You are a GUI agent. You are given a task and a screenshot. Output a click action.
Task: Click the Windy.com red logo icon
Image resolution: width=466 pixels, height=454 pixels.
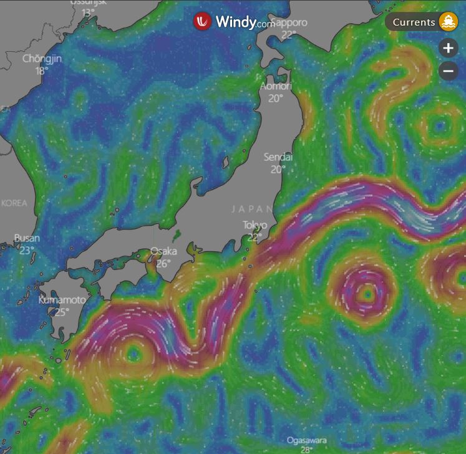(x=202, y=21)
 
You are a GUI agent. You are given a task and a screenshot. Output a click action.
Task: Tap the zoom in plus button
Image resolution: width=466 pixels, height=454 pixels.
(x=449, y=48)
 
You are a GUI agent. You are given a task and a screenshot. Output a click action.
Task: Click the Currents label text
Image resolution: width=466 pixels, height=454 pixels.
(x=414, y=22)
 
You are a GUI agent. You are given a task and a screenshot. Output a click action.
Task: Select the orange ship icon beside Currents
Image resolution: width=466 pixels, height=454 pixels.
(x=448, y=22)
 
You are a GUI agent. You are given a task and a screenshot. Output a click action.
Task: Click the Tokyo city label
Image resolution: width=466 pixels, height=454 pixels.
(x=255, y=225)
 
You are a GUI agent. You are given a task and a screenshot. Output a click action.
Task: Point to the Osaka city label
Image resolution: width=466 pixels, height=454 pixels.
(x=163, y=251)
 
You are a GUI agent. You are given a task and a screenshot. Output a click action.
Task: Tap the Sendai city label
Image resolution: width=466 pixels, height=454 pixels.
(x=278, y=157)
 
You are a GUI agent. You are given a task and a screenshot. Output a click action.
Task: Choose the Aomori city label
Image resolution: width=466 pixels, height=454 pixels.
(x=276, y=86)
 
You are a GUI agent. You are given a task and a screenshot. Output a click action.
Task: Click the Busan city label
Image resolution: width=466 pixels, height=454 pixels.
(x=27, y=238)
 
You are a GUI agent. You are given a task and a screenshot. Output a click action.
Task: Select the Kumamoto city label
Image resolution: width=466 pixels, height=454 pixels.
(x=62, y=300)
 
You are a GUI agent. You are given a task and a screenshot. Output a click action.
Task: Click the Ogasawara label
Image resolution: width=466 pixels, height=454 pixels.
(x=306, y=440)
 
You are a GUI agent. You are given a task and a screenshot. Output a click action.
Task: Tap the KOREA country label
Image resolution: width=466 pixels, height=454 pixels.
(x=14, y=203)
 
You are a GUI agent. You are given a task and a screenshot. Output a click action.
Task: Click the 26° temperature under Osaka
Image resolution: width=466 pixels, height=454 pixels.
(x=163, y=263)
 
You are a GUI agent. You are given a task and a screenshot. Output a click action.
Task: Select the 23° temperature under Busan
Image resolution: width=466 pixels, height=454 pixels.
(x=27, y=250)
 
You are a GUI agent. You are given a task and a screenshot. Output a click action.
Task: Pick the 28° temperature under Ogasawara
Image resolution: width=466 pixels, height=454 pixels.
(x=306, y=450)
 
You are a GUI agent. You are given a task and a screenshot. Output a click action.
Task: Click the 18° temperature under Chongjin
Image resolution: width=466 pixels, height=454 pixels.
(x=41, y=70)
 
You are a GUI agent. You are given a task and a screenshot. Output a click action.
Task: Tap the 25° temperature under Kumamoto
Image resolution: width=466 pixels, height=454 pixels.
(x=61, y=312)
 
